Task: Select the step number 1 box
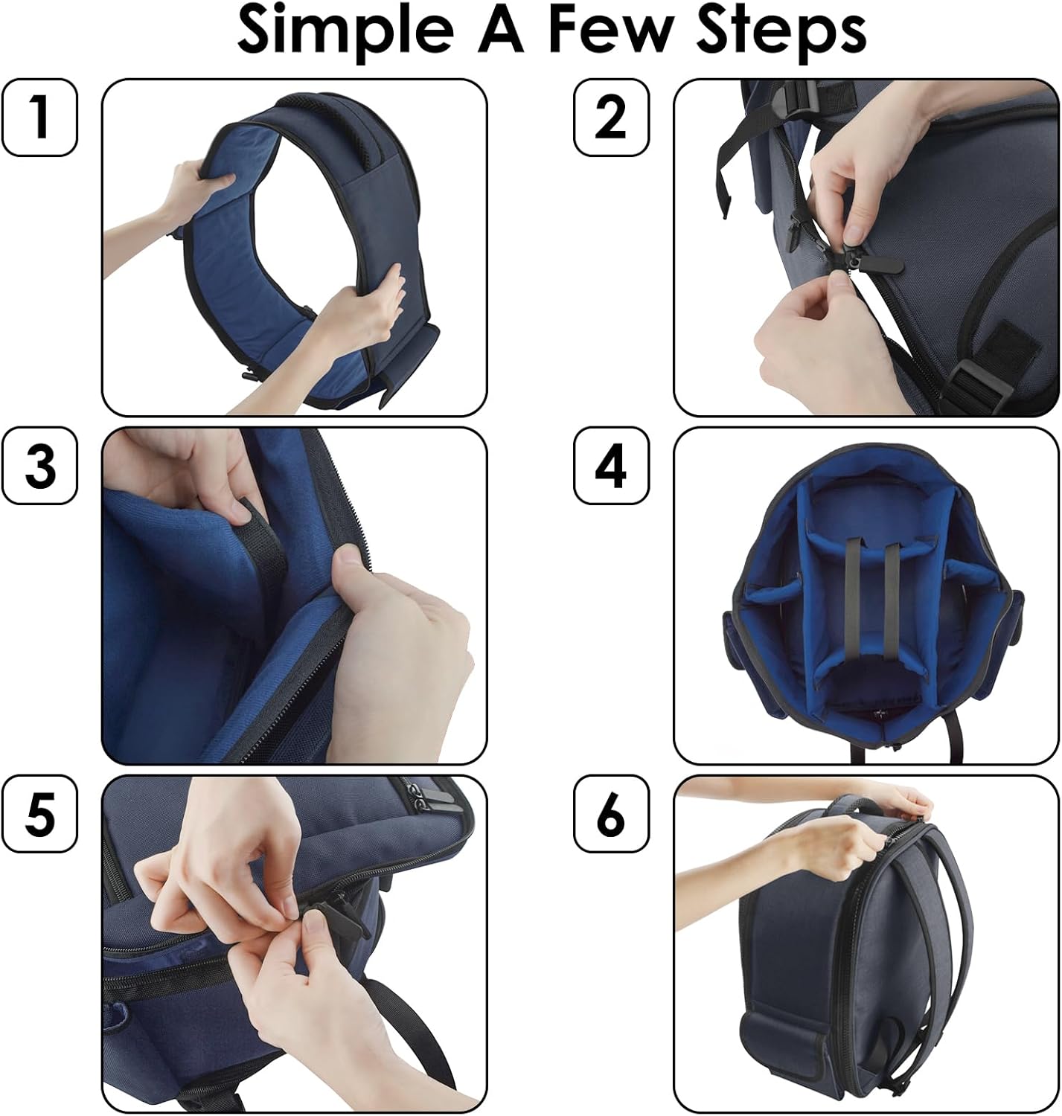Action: (40, 118)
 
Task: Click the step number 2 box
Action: (611, 118)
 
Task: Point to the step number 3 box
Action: (40, 466)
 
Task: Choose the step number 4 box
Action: (611, 466)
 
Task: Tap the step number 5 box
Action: (40, 813)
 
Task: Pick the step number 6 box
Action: (611, 813)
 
